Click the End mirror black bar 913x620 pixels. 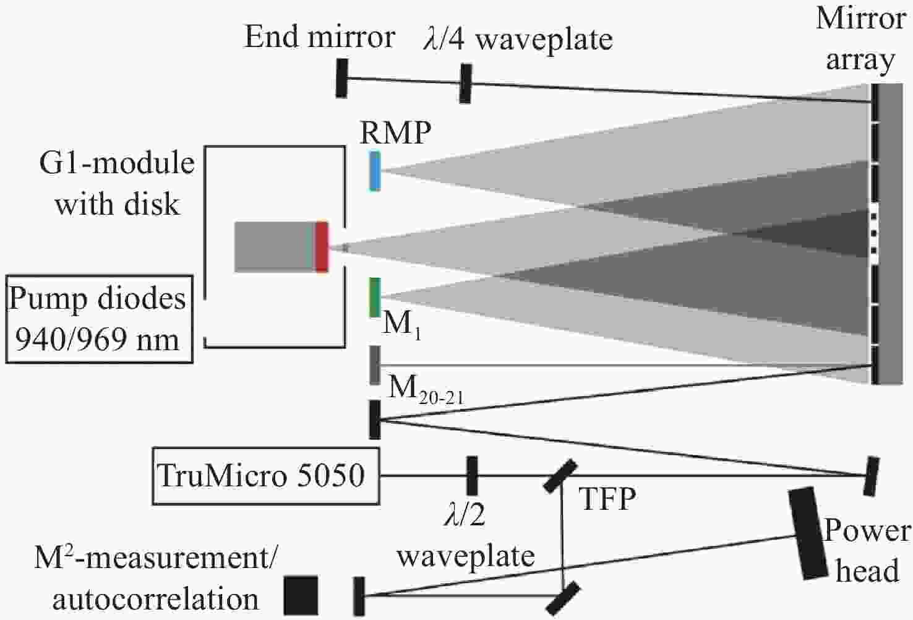pyautogui.click(x=341, y=78)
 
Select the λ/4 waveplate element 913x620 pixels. pyautogui.click(x=465, y=84)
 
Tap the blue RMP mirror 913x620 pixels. pyautogui.click(x=375, y=171)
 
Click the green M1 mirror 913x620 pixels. pyautogui.click(x=375, y=298)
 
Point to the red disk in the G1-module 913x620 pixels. pyautogui.click(x=322, y=247)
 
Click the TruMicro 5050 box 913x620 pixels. pyautogui.click(x=266, y=476)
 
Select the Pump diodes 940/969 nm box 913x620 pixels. pyautogui.click(x=99, y=319)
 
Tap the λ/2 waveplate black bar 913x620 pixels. pyautogui.click(x=471, y=476)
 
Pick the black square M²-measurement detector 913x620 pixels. pyautogui.click(x=301, y=595)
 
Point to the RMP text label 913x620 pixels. pyautogui.click(x=395, y=132)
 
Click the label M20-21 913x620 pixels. pyautogui.click(x=427, y=390)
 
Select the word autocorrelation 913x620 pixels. pyautogui.click(x=156, y=599)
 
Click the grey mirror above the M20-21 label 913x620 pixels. pyautogui.click(x=375, y=365)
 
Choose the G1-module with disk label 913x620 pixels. pyautogui.click(x=118, y=183)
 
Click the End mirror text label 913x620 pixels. pyautogui.click(x=320, y=37)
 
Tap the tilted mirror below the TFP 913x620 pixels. pyautogui.click(x=562, y=598)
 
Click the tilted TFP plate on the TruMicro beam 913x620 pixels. pyautogui.click(x=560, y=476)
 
